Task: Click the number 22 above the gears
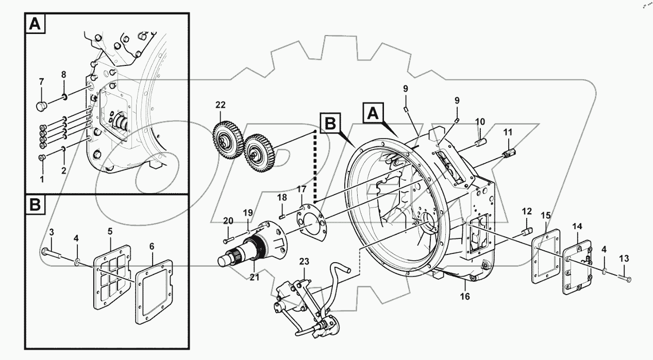click(x=220, y=105)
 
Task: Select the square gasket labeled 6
click(x=154, y=294)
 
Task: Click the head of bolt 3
click(x=45, y=251)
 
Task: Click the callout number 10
click(x=480, y=122)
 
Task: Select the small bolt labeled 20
click(x=228, y=241)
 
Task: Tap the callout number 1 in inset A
click(x=43, y=179)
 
